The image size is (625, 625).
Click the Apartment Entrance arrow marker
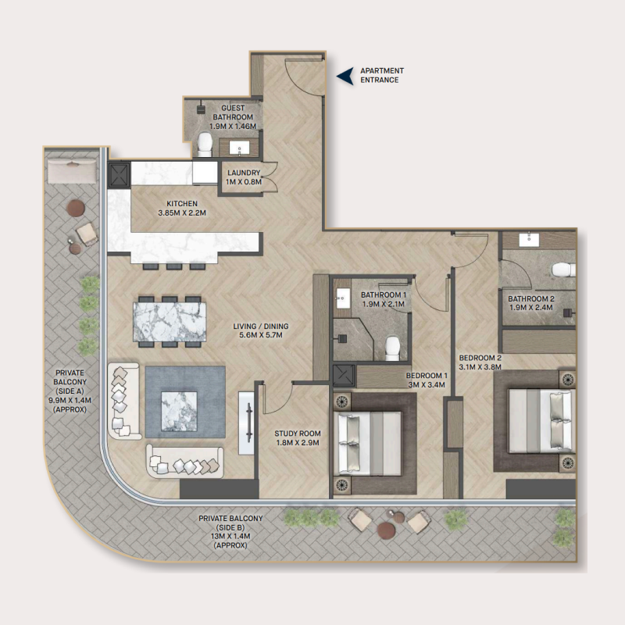coord(342,76)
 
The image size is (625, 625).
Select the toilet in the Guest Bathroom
coord(205,143)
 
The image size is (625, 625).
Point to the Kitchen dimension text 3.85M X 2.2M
coord(180,212)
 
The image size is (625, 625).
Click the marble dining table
coord(171,320)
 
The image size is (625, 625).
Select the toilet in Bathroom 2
coord(562,270)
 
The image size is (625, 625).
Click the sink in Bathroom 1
coord(342,298)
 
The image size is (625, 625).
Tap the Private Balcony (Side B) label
coord(230,531)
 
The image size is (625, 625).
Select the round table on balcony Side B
coord(386,530)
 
